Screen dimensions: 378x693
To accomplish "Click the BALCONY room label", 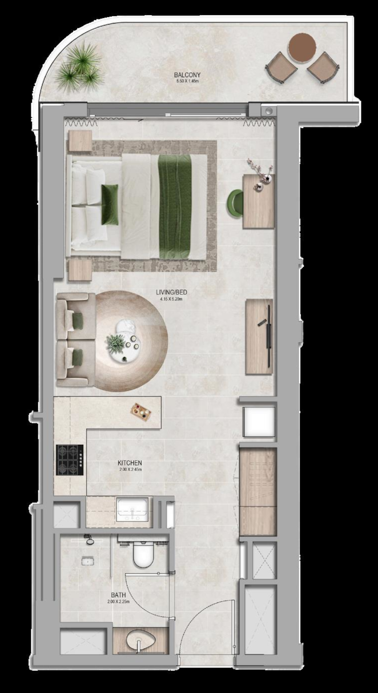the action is pos(187,75).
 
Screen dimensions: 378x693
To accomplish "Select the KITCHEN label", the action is pos(130,463).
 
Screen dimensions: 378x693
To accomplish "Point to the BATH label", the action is pos(119,595).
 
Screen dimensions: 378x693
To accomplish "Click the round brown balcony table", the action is pos(302,47).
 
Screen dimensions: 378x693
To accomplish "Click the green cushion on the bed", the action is pos(110,204).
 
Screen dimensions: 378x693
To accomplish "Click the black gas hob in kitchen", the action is pos(70,460).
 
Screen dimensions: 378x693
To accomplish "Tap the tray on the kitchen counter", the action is pos(141,412).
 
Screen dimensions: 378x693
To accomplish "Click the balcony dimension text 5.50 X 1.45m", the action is pos(187,81).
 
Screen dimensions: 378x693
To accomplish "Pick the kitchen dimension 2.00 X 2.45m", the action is pos(130,470).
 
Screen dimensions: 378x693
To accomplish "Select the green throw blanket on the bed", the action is pos(174,206).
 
